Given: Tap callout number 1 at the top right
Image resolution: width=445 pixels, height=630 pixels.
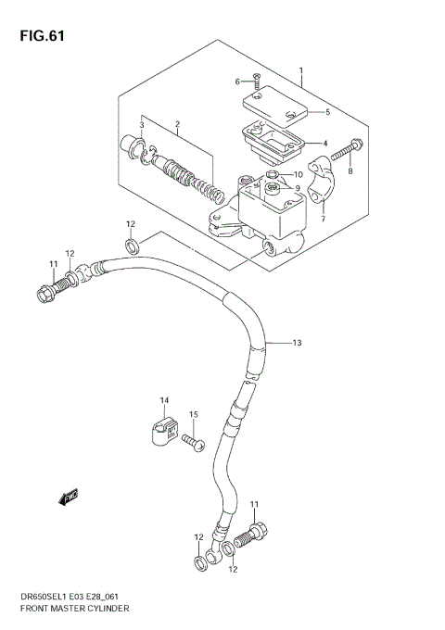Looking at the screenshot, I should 301,70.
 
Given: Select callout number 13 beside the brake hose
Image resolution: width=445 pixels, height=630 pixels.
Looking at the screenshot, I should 297,343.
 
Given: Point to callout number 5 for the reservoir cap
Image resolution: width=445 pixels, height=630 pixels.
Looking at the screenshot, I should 326,112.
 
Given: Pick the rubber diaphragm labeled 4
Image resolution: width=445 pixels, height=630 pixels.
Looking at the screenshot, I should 274,140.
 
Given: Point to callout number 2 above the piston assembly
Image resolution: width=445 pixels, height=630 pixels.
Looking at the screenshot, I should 176,125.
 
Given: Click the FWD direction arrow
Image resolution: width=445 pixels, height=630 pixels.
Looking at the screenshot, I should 68,498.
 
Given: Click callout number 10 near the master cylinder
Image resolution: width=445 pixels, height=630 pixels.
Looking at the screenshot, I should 298,175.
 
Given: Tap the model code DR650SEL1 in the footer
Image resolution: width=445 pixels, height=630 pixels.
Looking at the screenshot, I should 34,598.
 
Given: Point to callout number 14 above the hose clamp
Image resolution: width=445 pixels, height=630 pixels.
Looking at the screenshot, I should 164,400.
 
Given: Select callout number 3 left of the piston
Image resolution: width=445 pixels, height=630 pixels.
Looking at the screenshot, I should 141,125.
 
